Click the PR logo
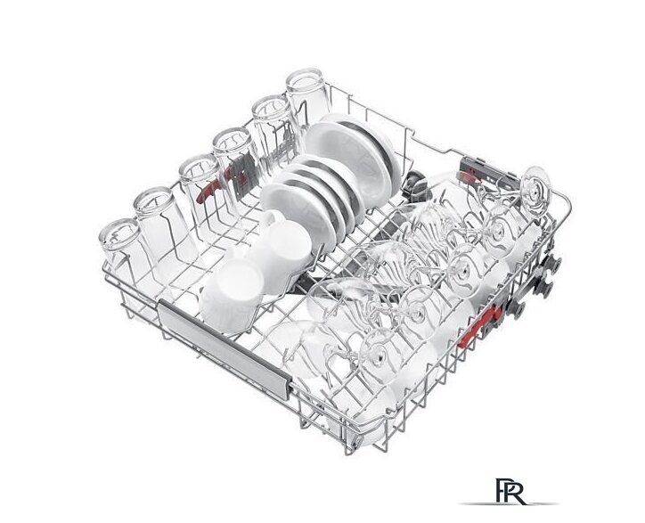point(510,491)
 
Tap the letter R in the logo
point(516,492)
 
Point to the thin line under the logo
point(508,503)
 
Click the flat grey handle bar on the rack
point(224,347)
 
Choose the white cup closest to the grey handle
point(233,296)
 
